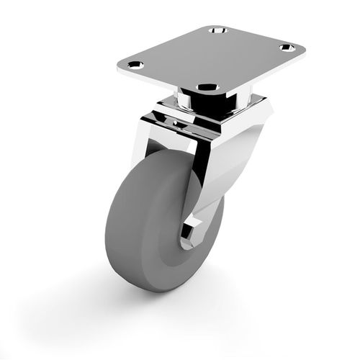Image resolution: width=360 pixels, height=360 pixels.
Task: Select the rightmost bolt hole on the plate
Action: [x=287, y=48]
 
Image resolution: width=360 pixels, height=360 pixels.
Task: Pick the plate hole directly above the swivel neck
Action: [x=208, y=88]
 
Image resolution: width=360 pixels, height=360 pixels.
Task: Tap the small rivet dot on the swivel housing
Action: [x=173, y=124]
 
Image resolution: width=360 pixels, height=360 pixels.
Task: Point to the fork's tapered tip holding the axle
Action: [x=198, y=230]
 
